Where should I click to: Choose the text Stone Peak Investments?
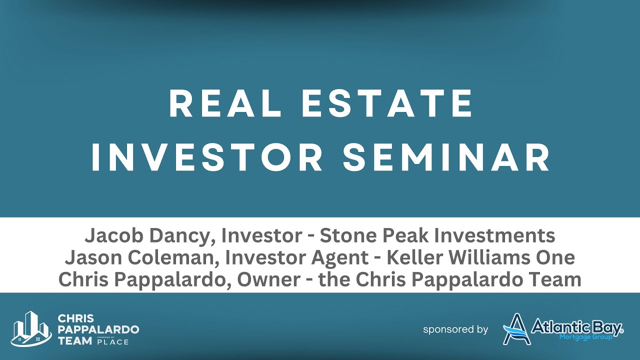[437, 235]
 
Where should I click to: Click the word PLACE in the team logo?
[113, 342]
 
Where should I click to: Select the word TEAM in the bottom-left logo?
[74, 340]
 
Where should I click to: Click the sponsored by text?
[455, 329]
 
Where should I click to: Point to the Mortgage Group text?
[585, 337]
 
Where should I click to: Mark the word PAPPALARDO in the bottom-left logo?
[98, 329]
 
